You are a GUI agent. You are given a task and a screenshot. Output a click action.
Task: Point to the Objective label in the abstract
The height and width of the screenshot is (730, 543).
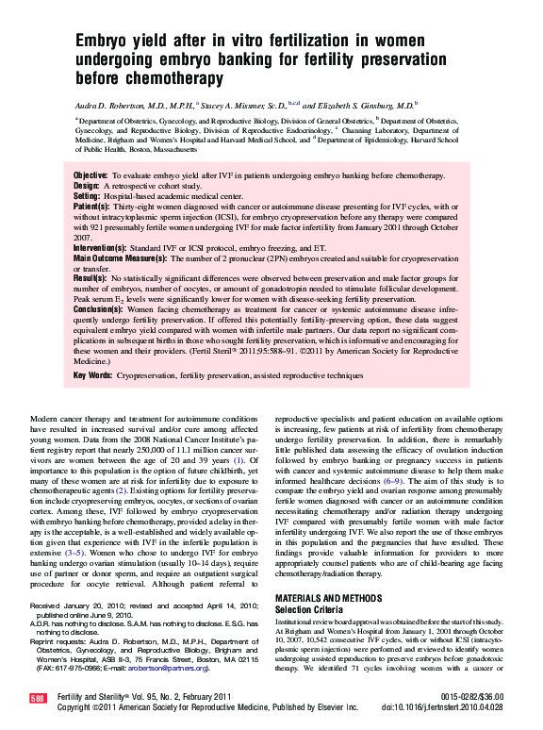pyautogui.click(x=90, y=176)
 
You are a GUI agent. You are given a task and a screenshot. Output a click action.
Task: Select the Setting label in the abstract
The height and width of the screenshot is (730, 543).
pyautogui.click(x=88, y=196)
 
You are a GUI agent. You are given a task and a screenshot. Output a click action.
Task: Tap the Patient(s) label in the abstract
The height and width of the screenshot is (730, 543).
pyautogui.click(x=91, y=206)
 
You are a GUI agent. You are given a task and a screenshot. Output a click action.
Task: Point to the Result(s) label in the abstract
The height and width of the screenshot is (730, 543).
pyautogui.click(x=90, y=280)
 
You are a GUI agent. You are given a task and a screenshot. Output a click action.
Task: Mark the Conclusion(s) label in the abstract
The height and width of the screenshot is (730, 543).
pyautogui.click(x=99, y=309)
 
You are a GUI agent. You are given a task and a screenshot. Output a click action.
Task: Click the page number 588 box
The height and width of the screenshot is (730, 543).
pyautogui.click(x=38, y=698)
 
